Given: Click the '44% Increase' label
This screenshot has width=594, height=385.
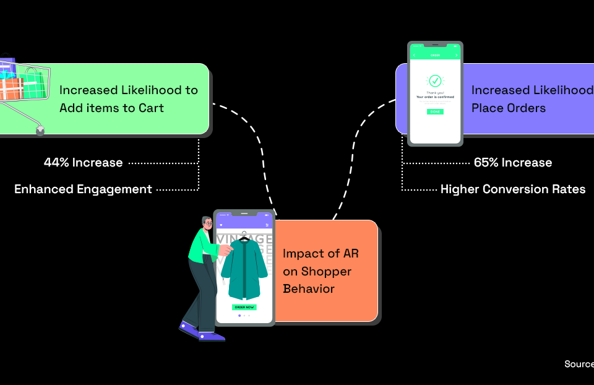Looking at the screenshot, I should point(83,163).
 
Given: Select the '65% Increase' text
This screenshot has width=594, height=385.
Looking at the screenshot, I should point(513,163).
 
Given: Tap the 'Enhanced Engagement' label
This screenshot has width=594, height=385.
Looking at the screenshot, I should point(83,189).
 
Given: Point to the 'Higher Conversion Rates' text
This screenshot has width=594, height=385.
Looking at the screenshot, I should point(513,189).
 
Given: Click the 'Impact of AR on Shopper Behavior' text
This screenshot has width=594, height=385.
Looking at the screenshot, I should point(317,271).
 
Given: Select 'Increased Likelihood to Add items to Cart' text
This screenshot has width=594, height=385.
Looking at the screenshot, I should point(129,99).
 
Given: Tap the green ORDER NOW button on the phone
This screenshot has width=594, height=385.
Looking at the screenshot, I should point(244,307).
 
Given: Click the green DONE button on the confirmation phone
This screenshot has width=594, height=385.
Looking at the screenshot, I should point(435,112).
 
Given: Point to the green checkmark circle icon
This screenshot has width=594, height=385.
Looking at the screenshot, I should point(435,81).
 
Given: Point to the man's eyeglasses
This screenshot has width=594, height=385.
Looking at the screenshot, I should point(209,224).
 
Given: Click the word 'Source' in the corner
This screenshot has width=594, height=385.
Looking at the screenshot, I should point(579,364).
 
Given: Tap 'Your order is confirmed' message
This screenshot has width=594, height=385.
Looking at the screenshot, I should point(435,97).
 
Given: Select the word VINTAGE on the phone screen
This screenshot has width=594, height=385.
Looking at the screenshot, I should point(245,239).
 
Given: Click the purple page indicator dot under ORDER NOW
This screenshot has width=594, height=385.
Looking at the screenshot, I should point(239,316).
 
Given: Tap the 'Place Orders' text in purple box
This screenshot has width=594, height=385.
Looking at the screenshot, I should point(509,108).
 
